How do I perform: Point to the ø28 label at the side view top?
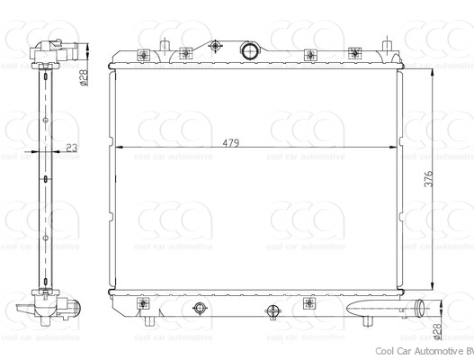point(84,78)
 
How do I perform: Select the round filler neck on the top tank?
point(251,49)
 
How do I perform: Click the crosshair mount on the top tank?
point(215,47)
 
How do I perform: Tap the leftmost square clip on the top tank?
point(144,55)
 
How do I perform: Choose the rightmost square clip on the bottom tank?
point(309,301)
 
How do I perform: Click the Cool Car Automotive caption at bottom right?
point(422,350)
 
